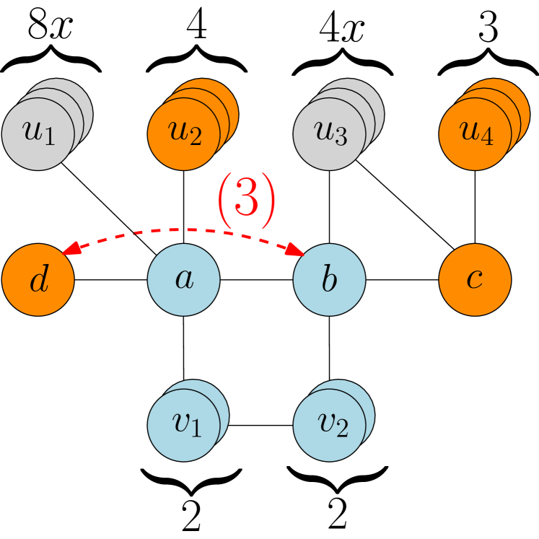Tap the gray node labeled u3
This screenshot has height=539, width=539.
point(329,134)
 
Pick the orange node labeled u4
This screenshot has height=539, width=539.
point(475,134)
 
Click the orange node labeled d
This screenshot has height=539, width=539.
point(38,280)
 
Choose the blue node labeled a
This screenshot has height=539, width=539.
point(183,280)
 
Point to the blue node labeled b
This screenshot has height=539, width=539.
point(329,280)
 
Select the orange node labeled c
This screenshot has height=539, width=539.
point(475,280)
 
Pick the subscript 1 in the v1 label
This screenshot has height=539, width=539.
point(196,430)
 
